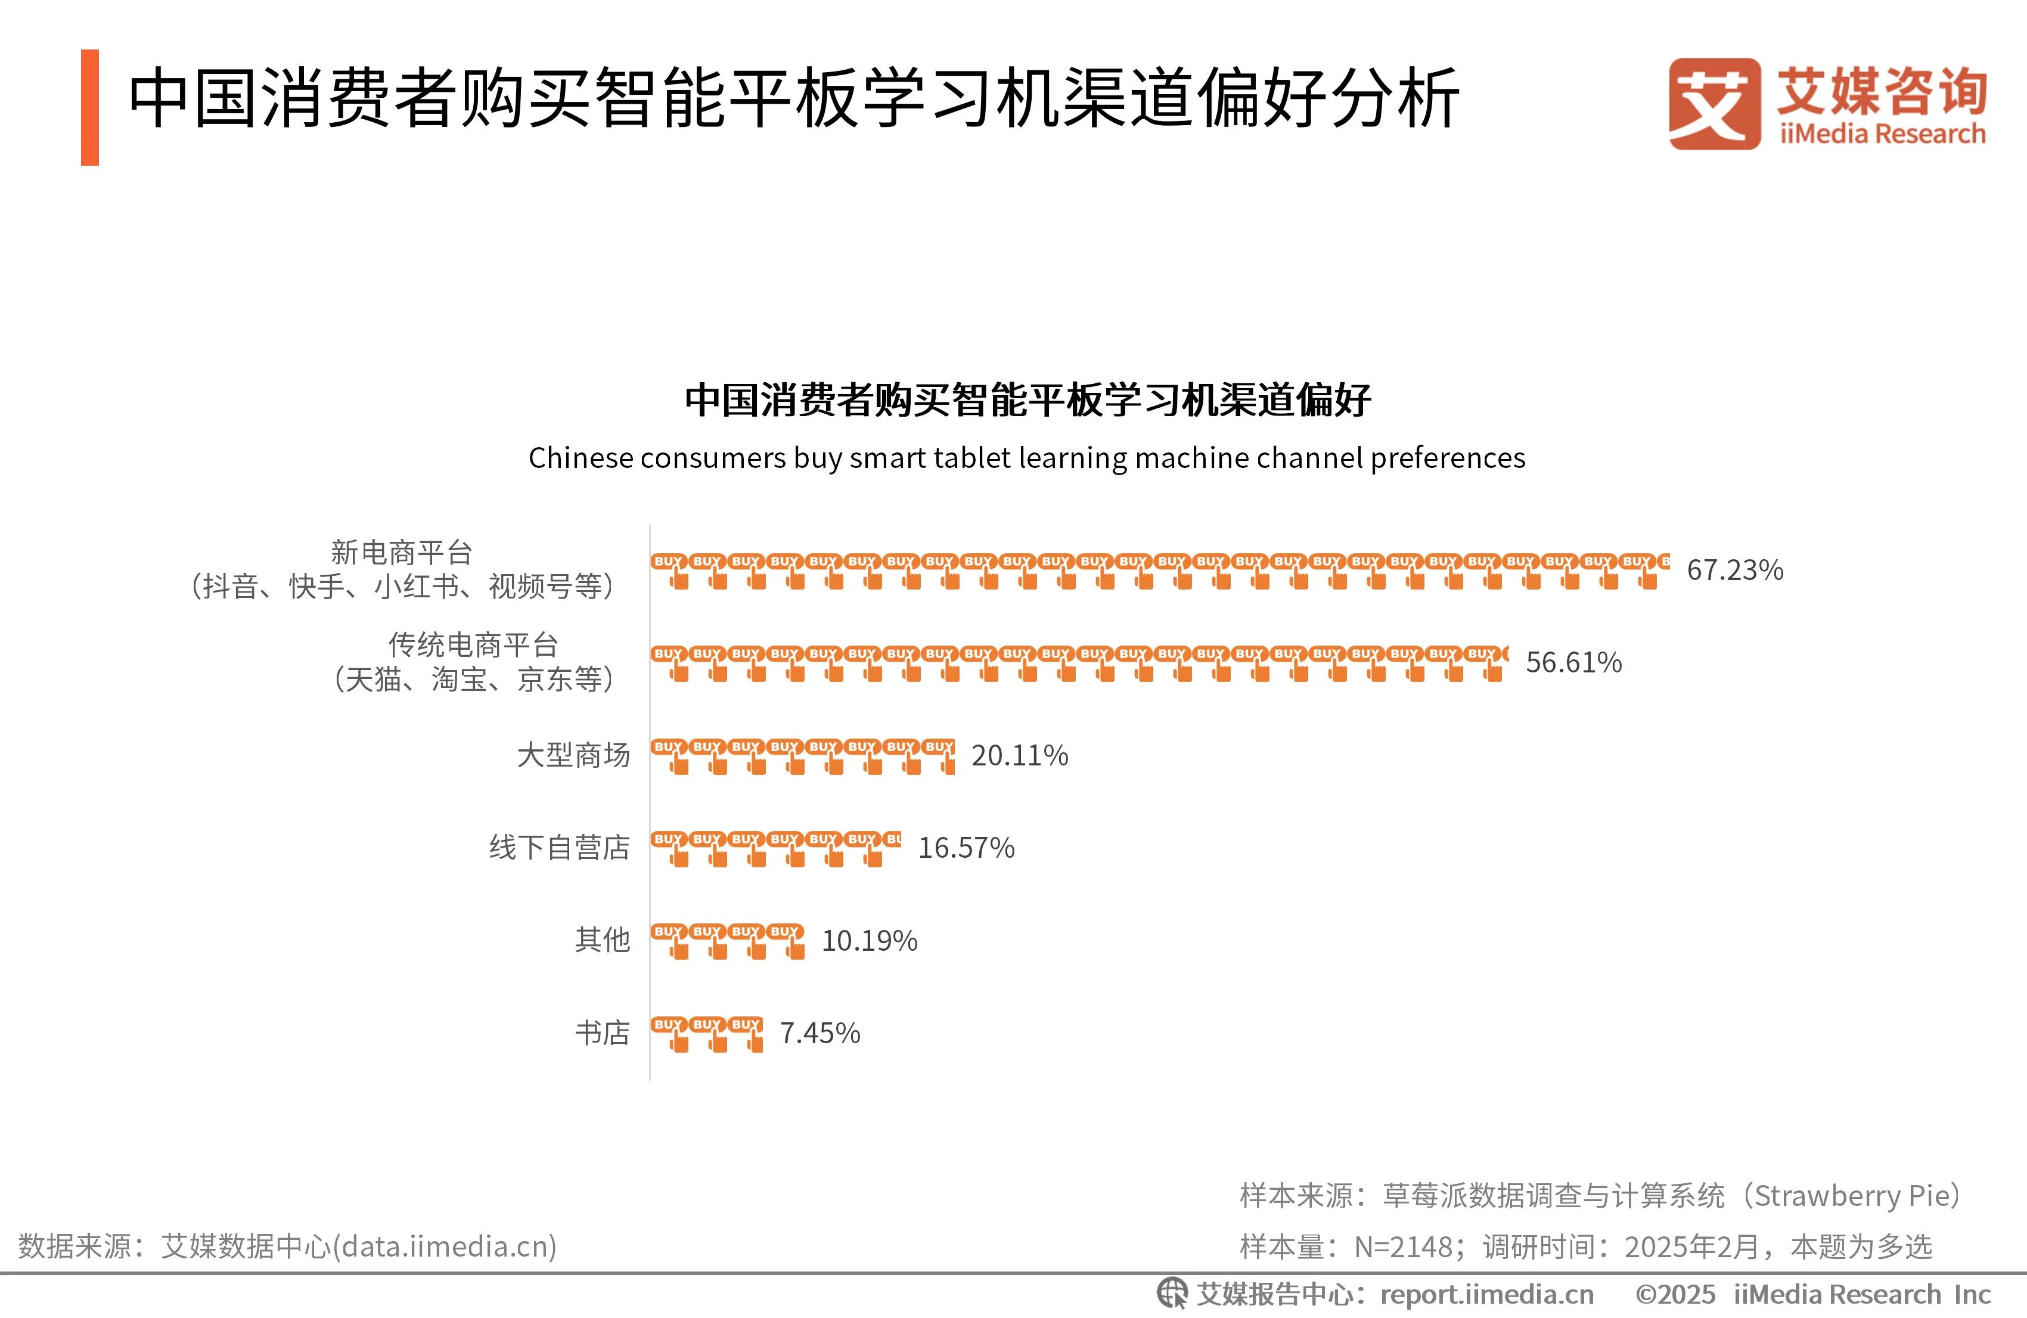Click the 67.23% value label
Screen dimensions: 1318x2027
[1735, 570]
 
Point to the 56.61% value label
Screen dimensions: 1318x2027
[1573, 662]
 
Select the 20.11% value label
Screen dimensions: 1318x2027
[1020, 755]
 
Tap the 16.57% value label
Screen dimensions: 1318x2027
[966, 848]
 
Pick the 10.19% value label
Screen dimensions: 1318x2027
[870, 941]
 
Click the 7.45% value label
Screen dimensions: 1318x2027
[820, 1032]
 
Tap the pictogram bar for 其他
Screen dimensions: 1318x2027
[727, 941]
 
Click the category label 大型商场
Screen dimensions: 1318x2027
[573, 755]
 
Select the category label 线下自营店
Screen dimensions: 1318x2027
[560, 848]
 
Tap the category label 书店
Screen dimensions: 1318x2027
[602, 1032]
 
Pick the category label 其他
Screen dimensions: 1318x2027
[602, 939]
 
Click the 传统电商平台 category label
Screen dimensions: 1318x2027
[474, 662]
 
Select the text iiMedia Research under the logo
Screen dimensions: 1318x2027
[1882, 134]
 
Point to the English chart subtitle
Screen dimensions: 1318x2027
[1026, 457]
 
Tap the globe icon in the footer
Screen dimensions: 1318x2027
[1172, 1294]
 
